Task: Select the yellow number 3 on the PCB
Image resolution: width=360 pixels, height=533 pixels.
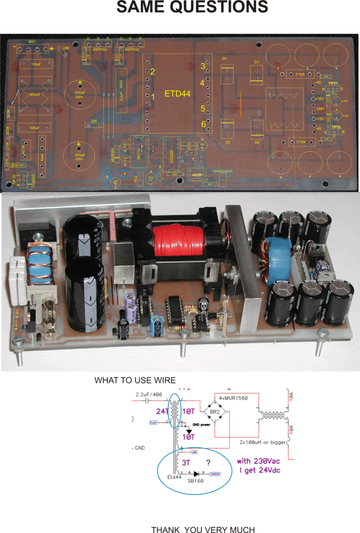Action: [203, 66]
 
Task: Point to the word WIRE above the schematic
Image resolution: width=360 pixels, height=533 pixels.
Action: [164, 380]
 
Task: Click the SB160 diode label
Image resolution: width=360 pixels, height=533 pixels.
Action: [196, 481]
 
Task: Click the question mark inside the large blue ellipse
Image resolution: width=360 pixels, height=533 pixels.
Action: [208, 462]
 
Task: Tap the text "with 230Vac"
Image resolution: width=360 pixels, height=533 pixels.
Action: [258, 461]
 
